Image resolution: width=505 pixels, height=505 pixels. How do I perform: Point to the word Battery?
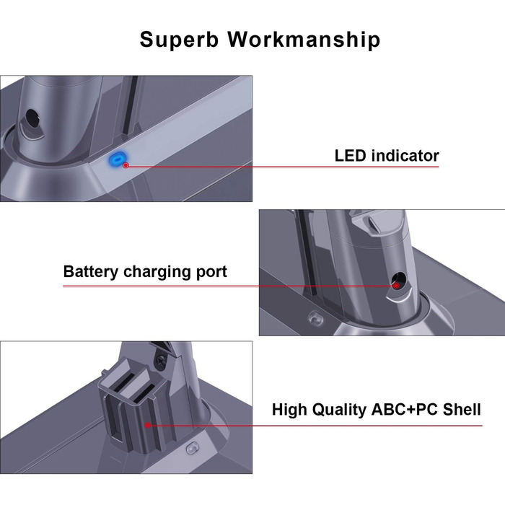coord(91,272)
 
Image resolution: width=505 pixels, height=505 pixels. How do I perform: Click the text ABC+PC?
coord(405,410)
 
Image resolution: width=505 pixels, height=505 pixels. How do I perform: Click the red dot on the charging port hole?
coord(396,286)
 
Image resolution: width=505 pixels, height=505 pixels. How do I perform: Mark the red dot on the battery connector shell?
coord(147,426)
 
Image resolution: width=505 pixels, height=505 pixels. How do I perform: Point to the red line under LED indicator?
coord(289,166)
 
